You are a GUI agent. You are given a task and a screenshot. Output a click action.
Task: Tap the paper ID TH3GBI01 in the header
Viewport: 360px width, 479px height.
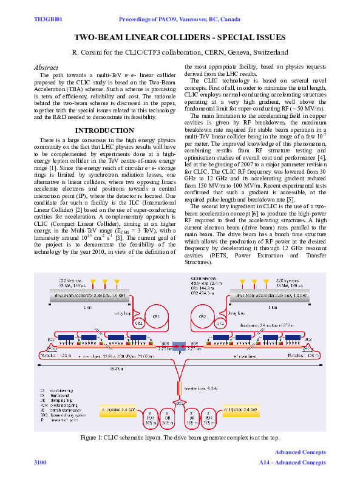click(49, 20)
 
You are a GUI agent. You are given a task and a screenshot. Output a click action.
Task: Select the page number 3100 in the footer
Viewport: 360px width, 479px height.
click(40, 463)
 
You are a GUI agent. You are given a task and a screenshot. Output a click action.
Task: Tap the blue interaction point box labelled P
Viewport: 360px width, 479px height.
click(180, 346)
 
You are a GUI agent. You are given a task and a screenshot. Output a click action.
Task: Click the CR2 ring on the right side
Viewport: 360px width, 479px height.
click(203, 317)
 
